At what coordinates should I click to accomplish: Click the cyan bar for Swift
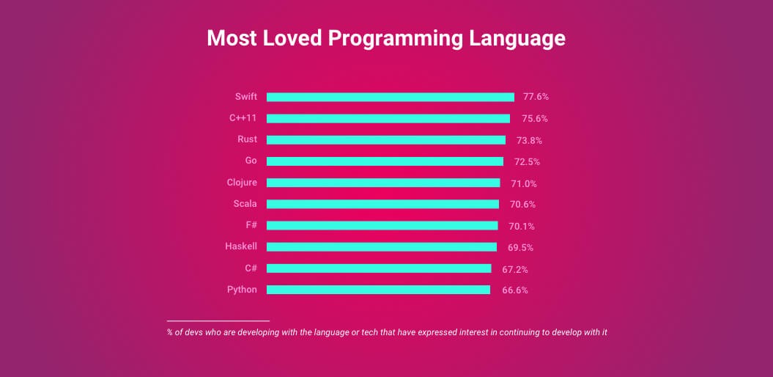390,97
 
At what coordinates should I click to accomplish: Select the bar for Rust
385,139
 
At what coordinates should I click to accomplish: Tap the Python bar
378,290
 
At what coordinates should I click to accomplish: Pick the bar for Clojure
383,183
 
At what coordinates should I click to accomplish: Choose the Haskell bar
381,247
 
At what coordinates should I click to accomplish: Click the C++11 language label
243,117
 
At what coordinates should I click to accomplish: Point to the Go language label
251,161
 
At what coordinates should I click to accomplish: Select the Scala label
245,204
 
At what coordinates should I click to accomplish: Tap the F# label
251,225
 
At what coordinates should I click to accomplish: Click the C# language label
251,268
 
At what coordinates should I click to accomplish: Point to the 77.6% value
536,97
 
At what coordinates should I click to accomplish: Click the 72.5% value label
527,161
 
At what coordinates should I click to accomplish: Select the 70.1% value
522,226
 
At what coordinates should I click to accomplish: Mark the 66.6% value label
515,290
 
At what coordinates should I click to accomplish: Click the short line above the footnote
218,321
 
